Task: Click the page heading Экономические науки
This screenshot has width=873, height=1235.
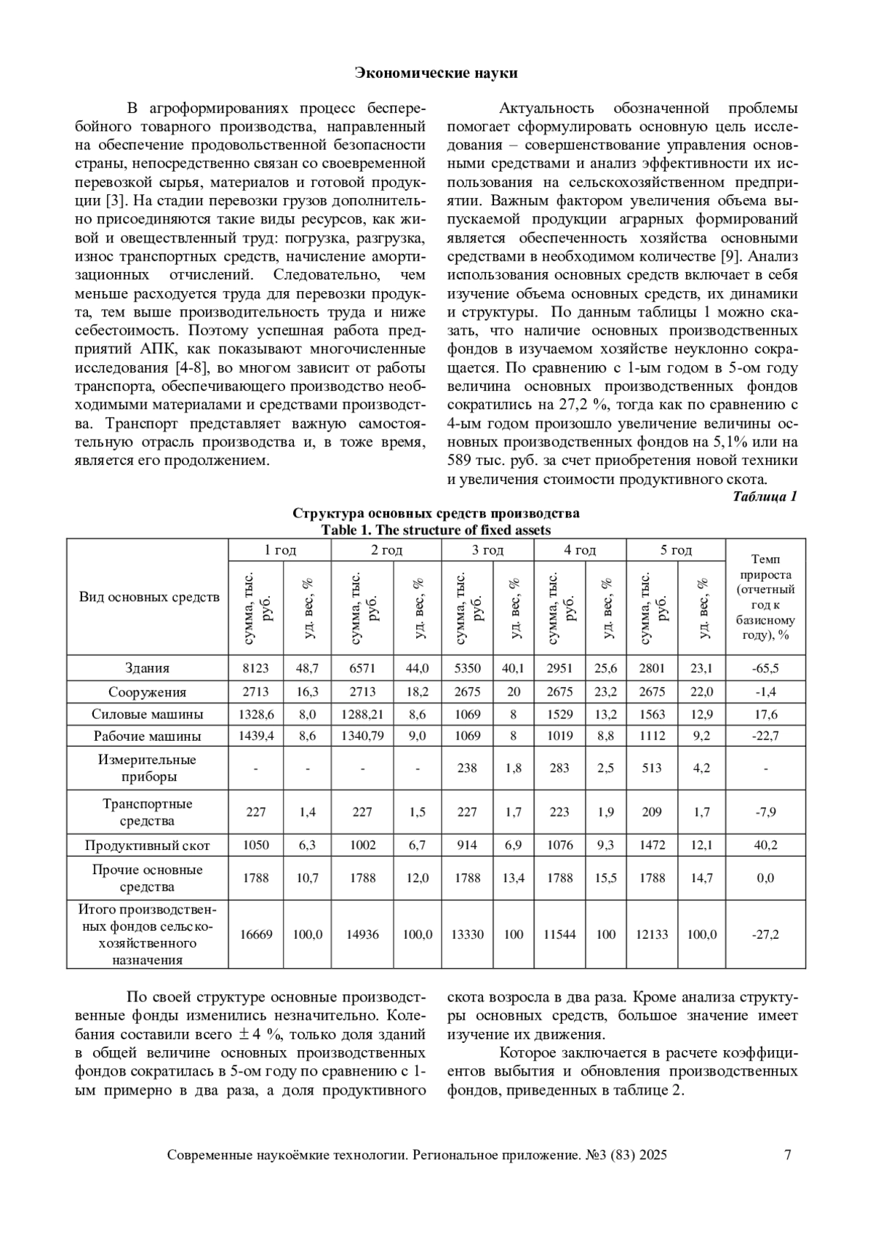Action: pyautogui.click(x=436, y=73)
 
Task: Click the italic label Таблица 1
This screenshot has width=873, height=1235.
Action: pyautogui.click(x=765, y=497)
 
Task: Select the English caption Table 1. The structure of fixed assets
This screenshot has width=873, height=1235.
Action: pyautogui.click(x=436, y=530)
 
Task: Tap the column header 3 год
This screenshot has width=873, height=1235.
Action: pyautogui.click(x=487, y=550)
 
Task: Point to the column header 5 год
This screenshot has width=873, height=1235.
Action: pyautogui.click(x=676, y=550)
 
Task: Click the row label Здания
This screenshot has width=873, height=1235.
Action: pyautogui.click(x=147, y=668)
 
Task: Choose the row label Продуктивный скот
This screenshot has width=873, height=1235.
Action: pyautogui.click(x=147, y=846)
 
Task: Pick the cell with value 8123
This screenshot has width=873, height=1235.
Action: pyautogui.click(x=255, y=668)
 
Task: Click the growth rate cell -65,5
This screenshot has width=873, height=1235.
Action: pyautogui.click(x=765, y=668)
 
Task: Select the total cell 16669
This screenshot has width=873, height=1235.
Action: pyautogui.click(x=255, y=934)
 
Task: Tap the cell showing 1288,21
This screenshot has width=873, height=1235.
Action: pyautogui.click(x=362, y=714)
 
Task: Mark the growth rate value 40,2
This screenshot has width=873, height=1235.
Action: pyautogui.click(x=765, y=846)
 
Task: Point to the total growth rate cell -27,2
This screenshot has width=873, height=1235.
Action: pyautogui.click(x=765, y=934)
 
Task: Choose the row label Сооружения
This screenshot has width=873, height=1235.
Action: pyautogui.click(x=147, y=692)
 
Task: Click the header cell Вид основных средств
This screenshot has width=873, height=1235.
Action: pyautogui.click(x=148, y=597)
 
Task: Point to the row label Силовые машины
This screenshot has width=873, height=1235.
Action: pyautogui.click(x=147, y=714)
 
